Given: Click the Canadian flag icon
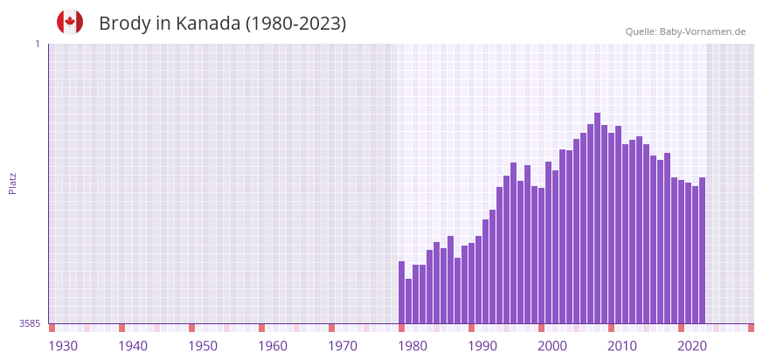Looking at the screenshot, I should click(x=70, y=23).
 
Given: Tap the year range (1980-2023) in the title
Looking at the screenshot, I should click(x=295, y=24).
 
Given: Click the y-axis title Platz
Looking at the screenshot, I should click(x=12, y=183).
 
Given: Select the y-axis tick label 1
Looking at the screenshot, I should click(x=37, y=44).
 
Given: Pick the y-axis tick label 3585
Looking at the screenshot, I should click(x=30, y=323).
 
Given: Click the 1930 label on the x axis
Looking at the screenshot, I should click(x=63, y=346).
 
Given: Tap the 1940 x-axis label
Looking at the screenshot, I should click(x=133, y=346).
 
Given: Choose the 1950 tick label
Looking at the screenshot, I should click(x=203, y=346).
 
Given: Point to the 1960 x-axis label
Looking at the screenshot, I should click(x=273, y=346).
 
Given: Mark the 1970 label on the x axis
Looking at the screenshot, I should click(x=343, y=346).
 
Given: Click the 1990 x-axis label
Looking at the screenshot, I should click(x=482, y=346).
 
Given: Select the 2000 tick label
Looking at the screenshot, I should click(x=552, y=346).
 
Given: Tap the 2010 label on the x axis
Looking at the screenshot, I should click(x=622, y=346).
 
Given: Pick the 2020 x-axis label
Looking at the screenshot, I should click(x=692, y=346).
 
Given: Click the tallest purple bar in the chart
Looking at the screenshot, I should click(x=597, y=218).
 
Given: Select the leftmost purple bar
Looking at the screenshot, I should click(x=401, y=293).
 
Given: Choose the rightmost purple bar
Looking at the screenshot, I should click(x=702, y=251).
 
